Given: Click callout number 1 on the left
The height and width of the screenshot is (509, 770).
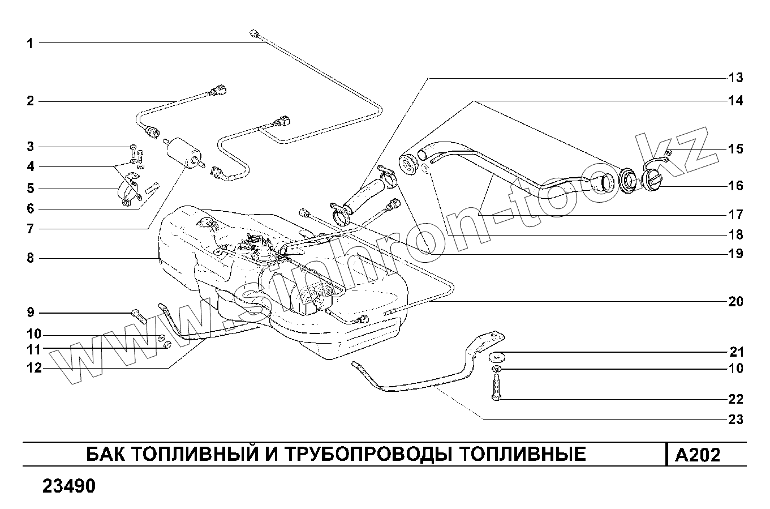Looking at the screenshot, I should [30, 43].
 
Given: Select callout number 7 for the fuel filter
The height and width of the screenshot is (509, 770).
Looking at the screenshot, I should [30, 229].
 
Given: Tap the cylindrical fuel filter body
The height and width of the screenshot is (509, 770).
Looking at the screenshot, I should [182, 152].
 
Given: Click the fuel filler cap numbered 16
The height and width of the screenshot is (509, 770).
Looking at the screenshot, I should [653, 183].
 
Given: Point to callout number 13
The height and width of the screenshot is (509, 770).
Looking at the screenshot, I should [735, 78].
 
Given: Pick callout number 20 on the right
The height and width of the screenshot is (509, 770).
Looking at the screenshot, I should [735, 302].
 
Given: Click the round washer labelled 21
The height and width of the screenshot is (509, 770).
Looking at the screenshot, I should [498, 357].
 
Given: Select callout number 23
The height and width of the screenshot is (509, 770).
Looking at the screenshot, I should [735, 420].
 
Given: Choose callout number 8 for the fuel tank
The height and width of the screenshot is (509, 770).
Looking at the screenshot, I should [30, 258].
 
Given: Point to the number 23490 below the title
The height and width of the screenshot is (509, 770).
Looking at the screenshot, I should [68, 486].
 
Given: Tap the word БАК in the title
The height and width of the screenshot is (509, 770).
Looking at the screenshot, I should [105, 454].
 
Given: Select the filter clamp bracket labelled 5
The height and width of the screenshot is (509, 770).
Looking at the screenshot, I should [130, 193].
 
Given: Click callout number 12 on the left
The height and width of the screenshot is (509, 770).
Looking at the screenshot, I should [34, 368].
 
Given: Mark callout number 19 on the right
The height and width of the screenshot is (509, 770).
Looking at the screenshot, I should [735, 254].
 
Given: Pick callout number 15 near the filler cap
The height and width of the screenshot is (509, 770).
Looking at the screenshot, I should [735, 149].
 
